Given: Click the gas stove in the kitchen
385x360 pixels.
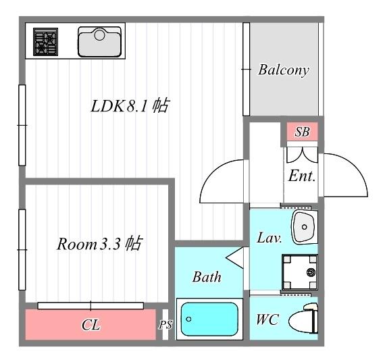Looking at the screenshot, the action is click(46, 42).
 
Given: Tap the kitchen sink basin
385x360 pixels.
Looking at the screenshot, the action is click(99, 42).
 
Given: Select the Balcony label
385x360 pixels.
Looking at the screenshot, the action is click(284, 70).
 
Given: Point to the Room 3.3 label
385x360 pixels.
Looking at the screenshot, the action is click(88, 244).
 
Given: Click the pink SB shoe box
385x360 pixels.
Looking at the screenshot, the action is click(302, 132).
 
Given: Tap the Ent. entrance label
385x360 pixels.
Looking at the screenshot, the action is click(302, 176).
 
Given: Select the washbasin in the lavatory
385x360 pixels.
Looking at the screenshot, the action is click(305, 227).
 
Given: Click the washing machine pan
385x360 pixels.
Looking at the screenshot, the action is click(300, 272).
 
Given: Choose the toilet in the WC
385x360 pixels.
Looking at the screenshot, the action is click(304, 319).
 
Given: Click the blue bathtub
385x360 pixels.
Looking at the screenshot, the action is click(209, 319).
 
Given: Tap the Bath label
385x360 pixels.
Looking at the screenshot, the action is click(207, 277).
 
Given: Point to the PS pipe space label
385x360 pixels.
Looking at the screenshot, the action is click(165, 325).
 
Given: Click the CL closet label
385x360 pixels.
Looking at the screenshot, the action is click(91, 325).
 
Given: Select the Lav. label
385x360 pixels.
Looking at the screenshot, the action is click(269, 238).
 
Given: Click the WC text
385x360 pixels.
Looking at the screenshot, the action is click(267, 319).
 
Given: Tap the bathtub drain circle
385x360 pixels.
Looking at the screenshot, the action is click(188, 319).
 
